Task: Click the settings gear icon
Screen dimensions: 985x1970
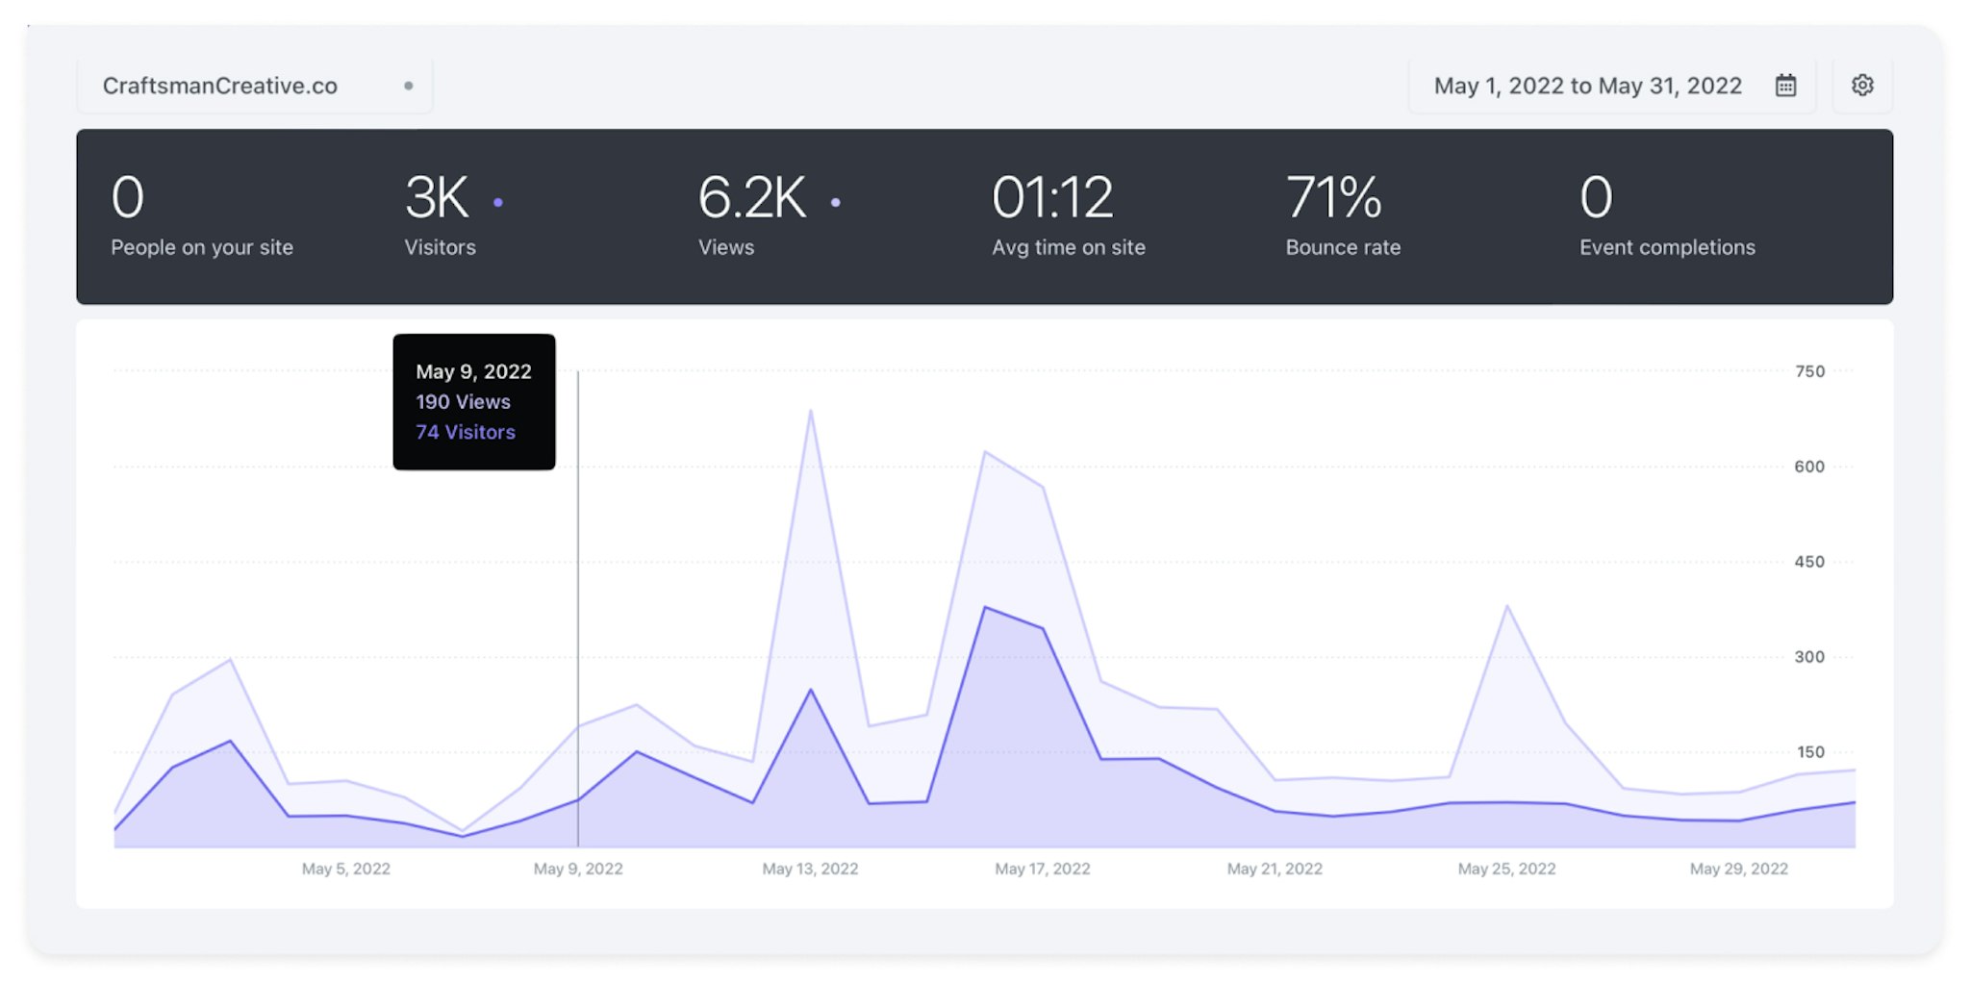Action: (1862, 85)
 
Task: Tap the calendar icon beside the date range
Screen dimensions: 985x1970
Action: (1785, 85)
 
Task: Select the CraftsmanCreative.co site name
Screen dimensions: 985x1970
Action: (220, 86)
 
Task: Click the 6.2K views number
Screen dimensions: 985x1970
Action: (752, 197)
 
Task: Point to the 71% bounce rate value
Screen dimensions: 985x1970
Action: (1333, 197)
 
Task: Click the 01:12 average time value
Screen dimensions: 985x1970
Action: (1052, 197)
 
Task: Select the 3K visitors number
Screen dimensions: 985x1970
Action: (437, 197)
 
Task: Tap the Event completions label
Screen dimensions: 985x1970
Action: (1667, 247)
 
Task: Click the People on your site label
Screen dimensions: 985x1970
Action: (202, 247)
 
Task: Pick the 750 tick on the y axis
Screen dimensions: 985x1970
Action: (1809, 371)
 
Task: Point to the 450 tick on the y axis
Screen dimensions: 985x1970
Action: (1809, 562)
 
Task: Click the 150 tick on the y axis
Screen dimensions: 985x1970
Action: (1810, 752)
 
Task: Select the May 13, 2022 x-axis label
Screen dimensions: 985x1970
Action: (810, 869)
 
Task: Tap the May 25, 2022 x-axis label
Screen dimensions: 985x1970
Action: (1506, 869)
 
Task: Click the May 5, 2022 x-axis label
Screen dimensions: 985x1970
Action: (346, 869)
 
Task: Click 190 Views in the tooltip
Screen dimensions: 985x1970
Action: (463, 402)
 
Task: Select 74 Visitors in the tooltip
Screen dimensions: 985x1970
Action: (466, 433)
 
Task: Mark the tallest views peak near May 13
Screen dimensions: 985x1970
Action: (811, 412)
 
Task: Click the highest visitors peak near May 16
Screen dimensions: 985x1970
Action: (985, 608)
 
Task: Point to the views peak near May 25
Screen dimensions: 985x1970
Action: (1507, 607)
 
